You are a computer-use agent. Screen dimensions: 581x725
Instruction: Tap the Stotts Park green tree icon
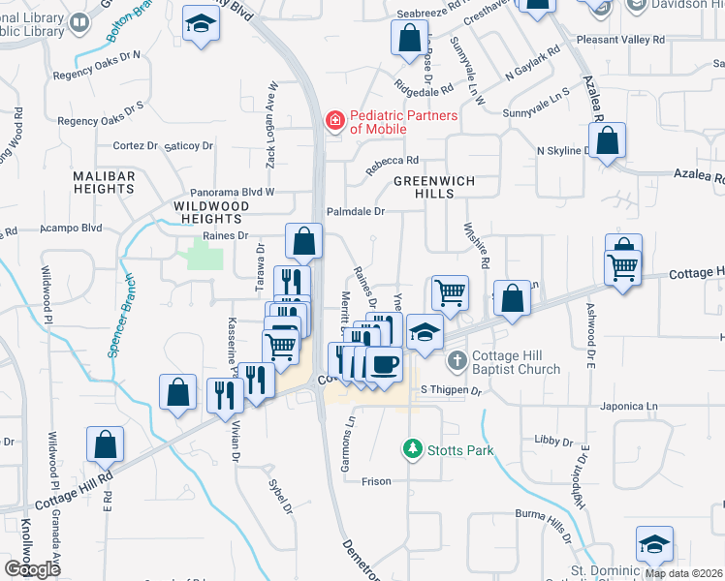[413, 449]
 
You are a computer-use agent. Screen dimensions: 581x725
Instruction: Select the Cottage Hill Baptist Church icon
[457, 362]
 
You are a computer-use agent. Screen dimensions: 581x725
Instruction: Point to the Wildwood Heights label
[211, 213]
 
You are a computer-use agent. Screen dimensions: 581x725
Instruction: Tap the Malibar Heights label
[104, 182]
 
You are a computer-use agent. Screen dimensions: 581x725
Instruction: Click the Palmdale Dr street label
[356, 210]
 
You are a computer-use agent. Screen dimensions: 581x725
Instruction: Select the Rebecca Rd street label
[391, 164]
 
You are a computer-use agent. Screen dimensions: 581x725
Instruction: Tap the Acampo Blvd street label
[71, 229]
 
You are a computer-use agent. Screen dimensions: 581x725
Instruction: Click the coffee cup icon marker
[384, 365]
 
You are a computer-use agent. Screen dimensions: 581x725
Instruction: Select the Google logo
[32, 569]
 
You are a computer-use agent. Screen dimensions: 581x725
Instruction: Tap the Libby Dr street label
[553, 442]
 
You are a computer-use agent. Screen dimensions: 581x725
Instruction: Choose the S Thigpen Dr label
[451, 390]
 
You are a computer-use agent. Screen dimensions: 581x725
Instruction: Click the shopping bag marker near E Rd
[105, 445]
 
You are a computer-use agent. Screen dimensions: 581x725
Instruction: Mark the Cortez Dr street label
[135, 145]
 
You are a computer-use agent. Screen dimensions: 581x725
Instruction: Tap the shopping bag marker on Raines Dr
[304, 241]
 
